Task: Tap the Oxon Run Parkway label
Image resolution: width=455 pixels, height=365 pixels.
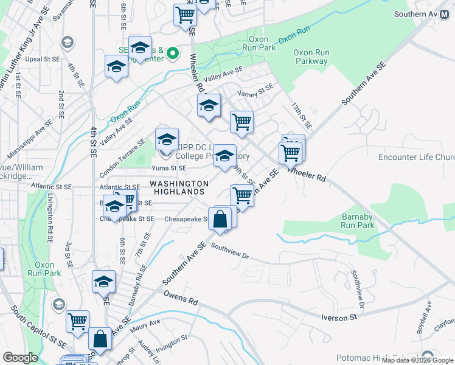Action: point(311,57)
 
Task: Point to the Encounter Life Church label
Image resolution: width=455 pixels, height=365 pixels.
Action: point(416,157)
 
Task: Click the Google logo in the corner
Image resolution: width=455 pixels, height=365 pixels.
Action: point(21,358)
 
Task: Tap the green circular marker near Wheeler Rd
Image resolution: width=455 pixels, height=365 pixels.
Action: point(172,54)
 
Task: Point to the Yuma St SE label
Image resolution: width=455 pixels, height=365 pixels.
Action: point(168,168)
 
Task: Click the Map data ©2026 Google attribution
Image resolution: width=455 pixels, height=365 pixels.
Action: point(418,360)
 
